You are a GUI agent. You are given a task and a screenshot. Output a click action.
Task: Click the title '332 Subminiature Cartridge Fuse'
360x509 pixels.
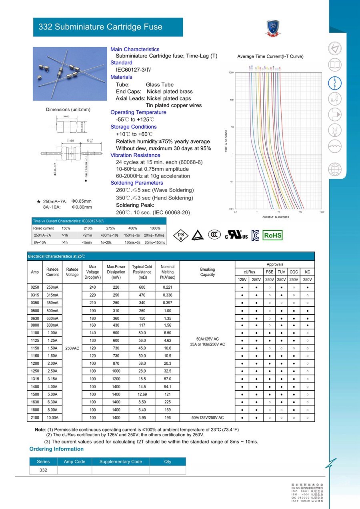(x=100, y=27)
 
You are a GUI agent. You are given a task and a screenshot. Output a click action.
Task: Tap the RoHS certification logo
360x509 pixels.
(x=272, y=236)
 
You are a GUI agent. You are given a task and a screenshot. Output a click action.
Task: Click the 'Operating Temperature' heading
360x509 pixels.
(x=138, y=112)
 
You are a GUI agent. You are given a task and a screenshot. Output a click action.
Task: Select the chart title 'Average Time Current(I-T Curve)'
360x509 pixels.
(x=270, y=56)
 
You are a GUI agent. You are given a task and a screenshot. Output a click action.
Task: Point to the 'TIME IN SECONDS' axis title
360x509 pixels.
(x=226, y=141)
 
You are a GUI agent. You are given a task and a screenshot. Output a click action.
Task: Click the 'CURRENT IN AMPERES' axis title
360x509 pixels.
(x=276, y=217)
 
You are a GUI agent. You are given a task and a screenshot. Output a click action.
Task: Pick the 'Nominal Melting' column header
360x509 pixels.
(x=167, y=272)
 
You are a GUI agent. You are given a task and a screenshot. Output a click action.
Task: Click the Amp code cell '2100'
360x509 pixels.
(x=35, y=417)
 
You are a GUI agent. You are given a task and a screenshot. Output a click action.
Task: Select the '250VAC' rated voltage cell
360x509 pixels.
(x=72, y=348)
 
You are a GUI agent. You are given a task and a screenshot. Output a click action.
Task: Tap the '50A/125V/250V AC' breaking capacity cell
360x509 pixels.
(x=207, y=417)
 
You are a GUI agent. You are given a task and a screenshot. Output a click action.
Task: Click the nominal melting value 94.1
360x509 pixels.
(x=167, y=387)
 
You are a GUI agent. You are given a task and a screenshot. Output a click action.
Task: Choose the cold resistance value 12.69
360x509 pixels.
(x=142, y=394)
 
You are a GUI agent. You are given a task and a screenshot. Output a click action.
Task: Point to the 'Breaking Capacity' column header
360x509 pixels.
(x=207, y=272)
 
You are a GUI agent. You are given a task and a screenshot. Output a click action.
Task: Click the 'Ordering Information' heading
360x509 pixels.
(x=56, y=449)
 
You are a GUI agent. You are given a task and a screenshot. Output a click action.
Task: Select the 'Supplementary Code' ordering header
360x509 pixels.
(x=120, y=462)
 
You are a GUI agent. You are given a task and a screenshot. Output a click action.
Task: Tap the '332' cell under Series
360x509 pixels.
(x=43, y=470)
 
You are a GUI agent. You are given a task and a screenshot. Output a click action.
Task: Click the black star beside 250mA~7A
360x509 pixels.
(x=38, y=201)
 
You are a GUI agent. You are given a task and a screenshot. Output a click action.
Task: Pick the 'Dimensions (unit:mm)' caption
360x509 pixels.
(x=68, y=110)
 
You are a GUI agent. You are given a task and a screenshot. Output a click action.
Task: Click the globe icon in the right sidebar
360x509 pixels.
(x=335, y=170)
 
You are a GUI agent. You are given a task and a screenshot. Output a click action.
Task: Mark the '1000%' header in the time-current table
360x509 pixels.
(x=155, y=228)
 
